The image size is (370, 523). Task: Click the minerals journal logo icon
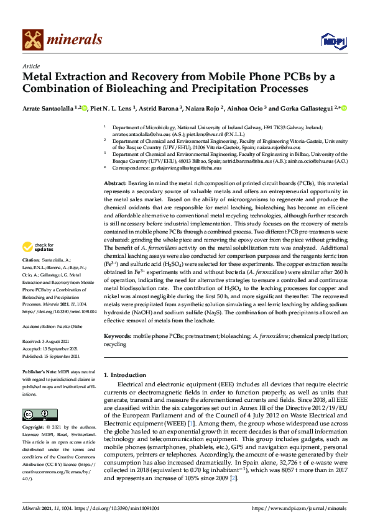click(32, 40)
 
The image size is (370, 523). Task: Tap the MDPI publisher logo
click(330, 41)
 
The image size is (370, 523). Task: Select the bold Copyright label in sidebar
click(34, 428)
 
